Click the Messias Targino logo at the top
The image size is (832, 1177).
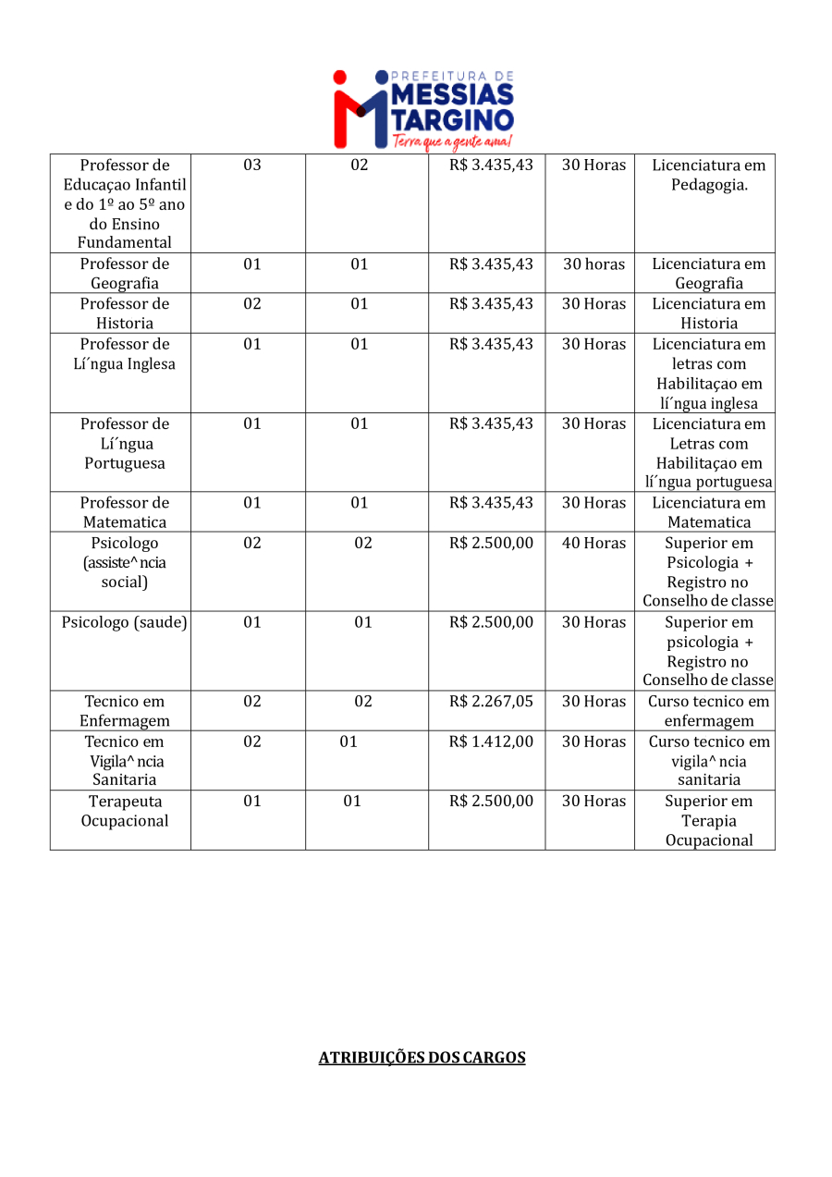pyautogui.click(x=423, y=106)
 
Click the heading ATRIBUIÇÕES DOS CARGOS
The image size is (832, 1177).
pyautogui.click(x=422, y=1058)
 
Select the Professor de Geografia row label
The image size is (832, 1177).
pyautogui.click(x=125, y=274)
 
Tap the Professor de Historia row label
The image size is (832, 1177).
pyautogui.click(x=125, y=313)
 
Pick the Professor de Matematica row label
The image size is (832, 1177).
pyautogui.click(x=125, y=512)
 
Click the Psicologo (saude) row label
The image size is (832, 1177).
pyautogui.click(x=125, y=622)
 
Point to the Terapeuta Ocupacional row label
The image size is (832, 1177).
pyautogui.click(x=125, y=811)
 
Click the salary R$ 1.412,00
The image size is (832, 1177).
pyautogui.click(x=491, y=742)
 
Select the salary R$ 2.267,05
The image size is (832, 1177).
pyautogui.click(x=491, y=702)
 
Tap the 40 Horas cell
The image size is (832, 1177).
pyautogui.click(x=593, y=543)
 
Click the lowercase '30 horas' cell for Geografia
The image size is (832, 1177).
pyautogui.click(x=593, y=264)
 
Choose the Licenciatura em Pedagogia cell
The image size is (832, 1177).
pyautogui.click(x=709, y=175)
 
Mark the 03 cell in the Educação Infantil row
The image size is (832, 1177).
pyautogui.click(x=252, y=165)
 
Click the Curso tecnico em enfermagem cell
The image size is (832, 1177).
pyautogui.click(x=709, y=711)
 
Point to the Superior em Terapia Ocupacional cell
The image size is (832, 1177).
pyautogui.click(x=709, y=820)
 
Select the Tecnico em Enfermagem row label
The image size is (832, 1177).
pyautogui.click(x=125, y=711)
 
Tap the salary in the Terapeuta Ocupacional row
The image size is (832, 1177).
pyautogui.click(x=491, y=801)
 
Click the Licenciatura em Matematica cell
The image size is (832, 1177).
pyautogui.click(x=709, y=512)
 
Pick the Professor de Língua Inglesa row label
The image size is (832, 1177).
pyautogui.click(x=125, y=354)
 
